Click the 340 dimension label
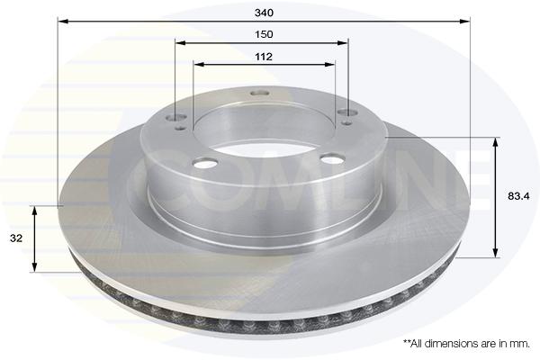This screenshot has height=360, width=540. coord(264,13)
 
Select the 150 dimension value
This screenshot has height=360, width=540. coord(264,34)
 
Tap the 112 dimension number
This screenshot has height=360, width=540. coord(264,57)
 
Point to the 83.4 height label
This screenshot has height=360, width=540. coord(518,196)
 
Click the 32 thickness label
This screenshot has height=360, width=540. coord(16,238)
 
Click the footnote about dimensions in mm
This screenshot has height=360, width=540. coord(466,344)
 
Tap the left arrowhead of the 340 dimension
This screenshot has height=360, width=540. coord(63,22)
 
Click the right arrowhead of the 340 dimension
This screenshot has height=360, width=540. coord(464,22)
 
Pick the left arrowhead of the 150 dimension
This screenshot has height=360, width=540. coord(181,43)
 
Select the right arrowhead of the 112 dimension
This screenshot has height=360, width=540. coord(329,65)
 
